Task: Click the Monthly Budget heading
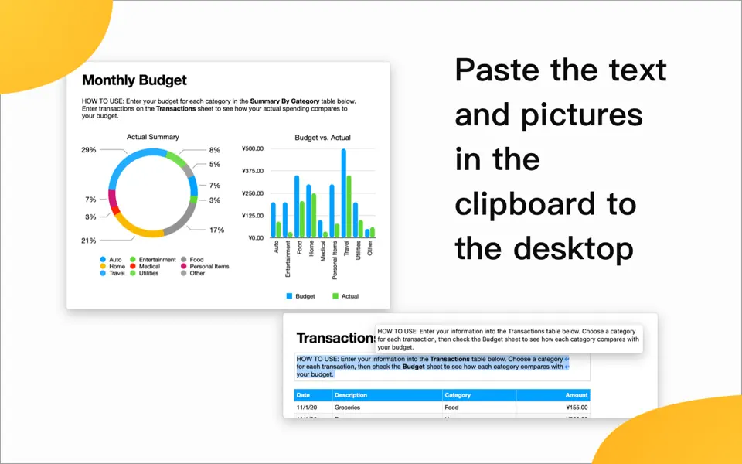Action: [x=134, y=80]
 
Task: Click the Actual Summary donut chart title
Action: [x=152, y=137]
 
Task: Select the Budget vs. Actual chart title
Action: [x=322, y=138]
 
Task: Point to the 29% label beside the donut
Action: [x=89, y=150]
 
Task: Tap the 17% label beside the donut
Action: [x=216, y=230]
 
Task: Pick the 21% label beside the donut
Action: [x=89, y=241]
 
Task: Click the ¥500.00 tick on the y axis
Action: [x=253, y=148]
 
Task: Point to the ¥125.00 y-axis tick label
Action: [x=253, y=216]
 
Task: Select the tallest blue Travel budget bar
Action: [x=343, y=193]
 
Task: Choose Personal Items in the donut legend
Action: [x=209, y=266]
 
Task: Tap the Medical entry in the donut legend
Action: [x=149, y=266]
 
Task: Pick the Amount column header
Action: [x=576, y=395]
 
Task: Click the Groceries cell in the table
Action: [x=348, y=407]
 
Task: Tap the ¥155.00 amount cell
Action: [x=577, y=407]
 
